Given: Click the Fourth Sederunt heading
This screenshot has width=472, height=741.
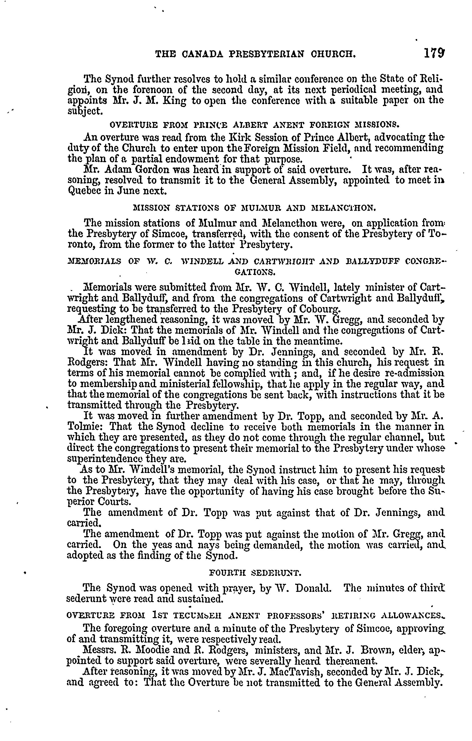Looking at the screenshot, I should [255, 573].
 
